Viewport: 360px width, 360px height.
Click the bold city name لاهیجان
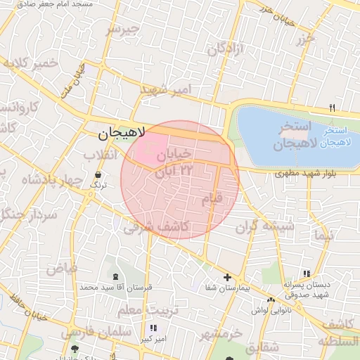click(121, 131)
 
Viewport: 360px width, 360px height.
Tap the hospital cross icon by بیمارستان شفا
click(227, 278)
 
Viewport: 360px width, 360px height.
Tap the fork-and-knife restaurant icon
click(333, 108)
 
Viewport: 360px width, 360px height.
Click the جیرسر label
click(143, 30)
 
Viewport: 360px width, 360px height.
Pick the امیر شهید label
click(166, 89)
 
